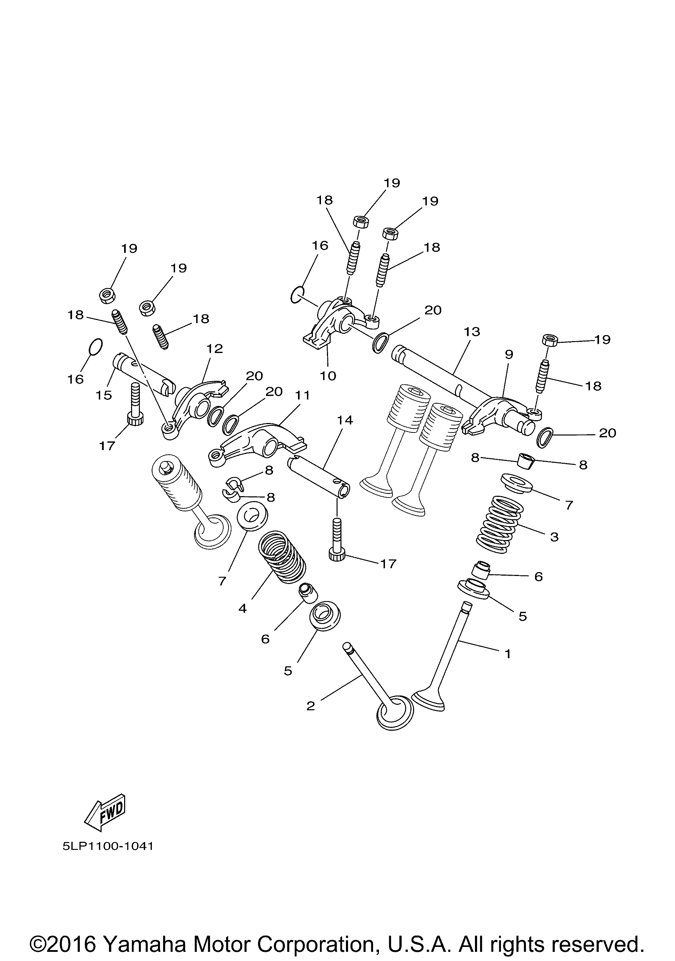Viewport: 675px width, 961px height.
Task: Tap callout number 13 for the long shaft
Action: [472, 332]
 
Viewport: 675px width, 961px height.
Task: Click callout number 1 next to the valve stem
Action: [508, 653]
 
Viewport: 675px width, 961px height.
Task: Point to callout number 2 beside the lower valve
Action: [310, 706]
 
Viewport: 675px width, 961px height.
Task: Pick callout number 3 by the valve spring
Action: [554, 537]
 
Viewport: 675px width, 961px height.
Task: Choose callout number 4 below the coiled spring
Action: [243, 609]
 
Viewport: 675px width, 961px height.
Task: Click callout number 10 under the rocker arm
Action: [328, 376]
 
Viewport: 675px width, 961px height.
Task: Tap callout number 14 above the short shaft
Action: [345, 420]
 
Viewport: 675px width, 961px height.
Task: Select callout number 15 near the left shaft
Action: [104, 395]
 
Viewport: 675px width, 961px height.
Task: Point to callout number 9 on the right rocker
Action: [508, 354]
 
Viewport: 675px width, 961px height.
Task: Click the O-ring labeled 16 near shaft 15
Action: [96, 346]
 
